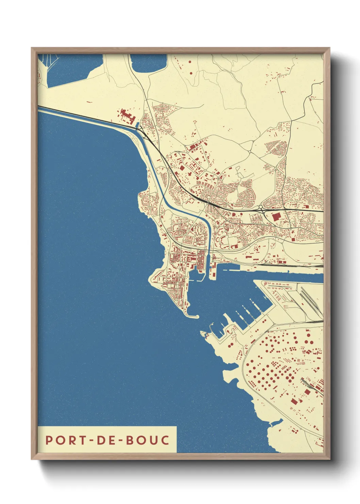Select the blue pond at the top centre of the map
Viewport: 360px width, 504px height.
[x=149, y=63]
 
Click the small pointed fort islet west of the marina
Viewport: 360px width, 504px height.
[x=204, y=333]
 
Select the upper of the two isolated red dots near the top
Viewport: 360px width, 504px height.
[x=190, y=62]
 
